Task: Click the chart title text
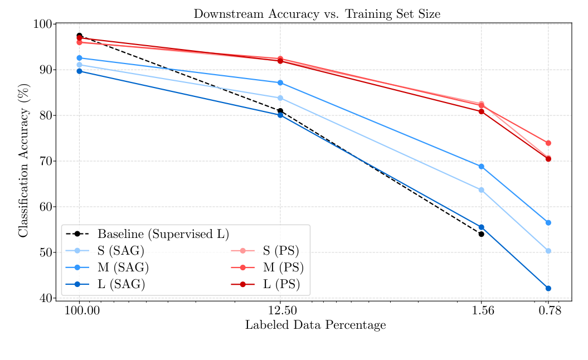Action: (317, 14)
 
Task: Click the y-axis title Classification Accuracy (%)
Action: (23, 162)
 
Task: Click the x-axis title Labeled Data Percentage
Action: (315, 325)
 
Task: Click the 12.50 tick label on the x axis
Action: (280, 311)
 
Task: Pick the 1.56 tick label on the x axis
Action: (482, 311)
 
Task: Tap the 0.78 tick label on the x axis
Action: (548, 311)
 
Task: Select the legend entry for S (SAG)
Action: (120, 251)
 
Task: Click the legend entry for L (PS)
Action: (281, 285)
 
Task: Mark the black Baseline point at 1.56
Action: (482, 234)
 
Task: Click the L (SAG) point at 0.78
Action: (548, 288)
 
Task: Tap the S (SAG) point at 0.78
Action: (548, 251)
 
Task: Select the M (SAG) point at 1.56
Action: (482, 167)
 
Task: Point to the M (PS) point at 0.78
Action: (548, 143)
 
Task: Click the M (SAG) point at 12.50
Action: (280, 82)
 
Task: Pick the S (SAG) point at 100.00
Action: (79, 65)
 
